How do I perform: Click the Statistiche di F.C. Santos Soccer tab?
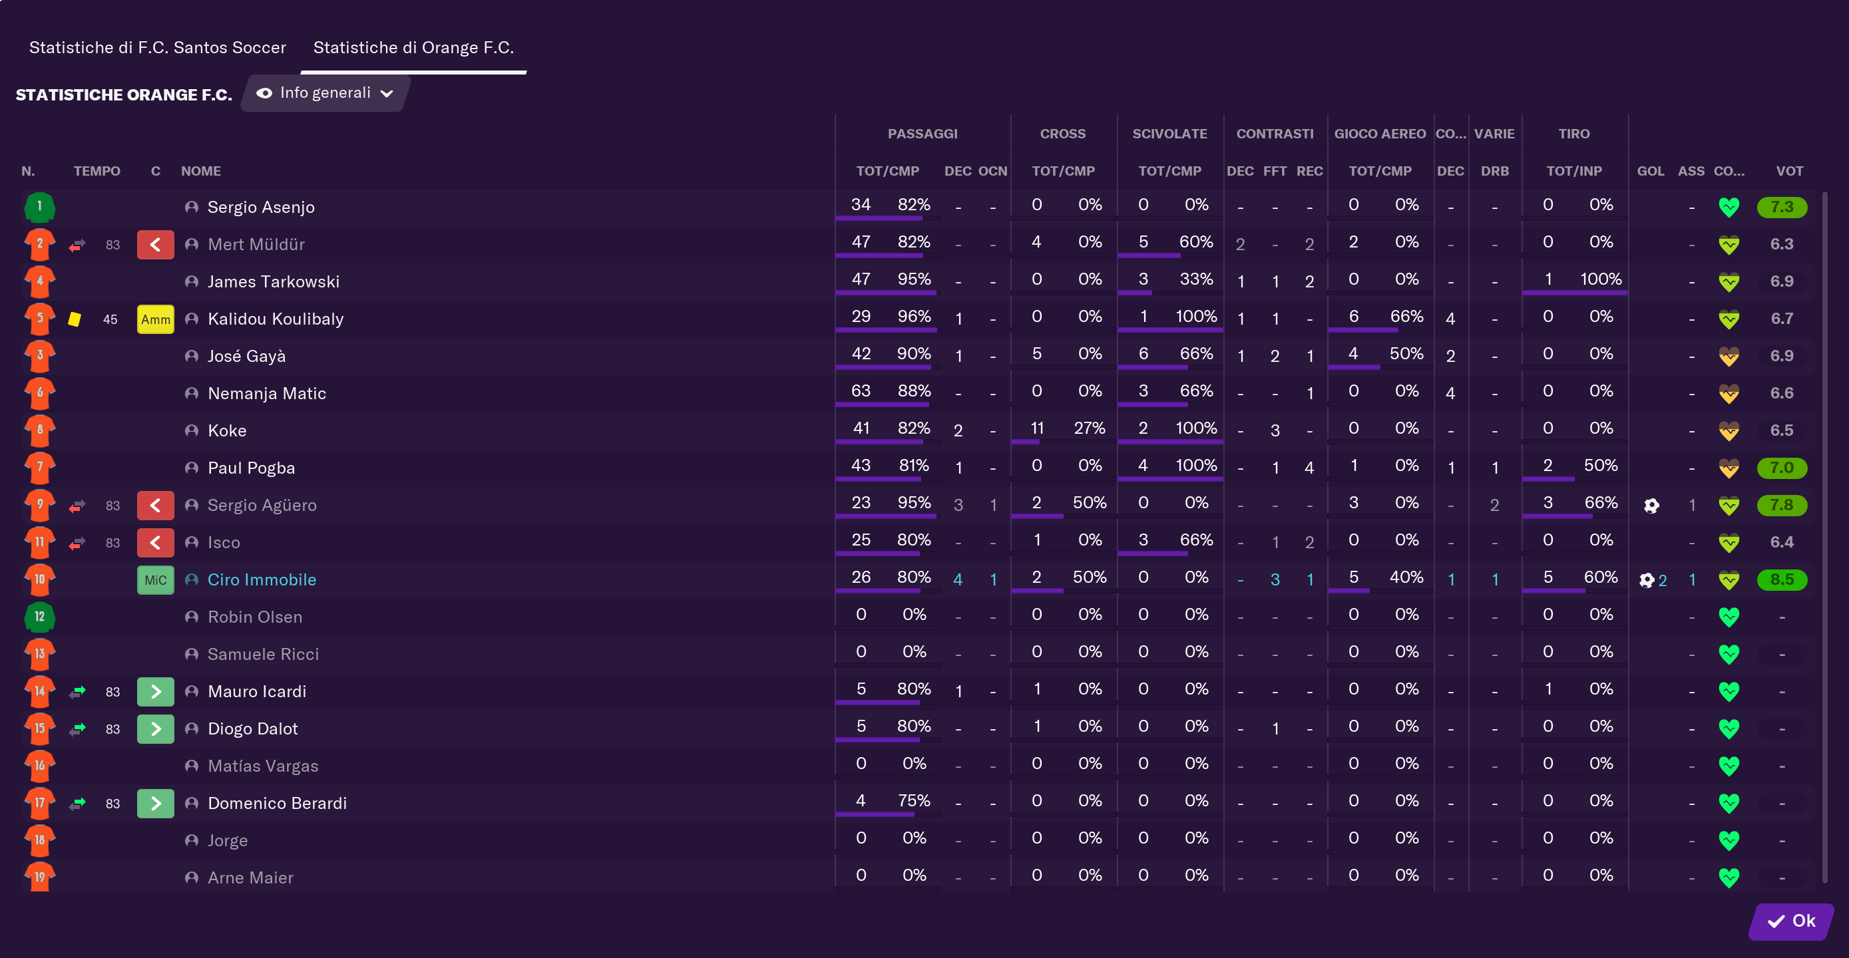coord(158,47)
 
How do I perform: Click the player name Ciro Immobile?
coord(262,580)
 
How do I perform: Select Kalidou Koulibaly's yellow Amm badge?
coord(156,319)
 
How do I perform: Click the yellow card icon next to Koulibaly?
coord(75,319)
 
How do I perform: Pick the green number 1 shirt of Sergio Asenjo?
coord(39,207)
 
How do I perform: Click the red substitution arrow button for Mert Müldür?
coord(156,245)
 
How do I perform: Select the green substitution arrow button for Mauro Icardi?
coord(156,692)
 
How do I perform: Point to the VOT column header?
coord(1789,171)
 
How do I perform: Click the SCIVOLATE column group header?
coord(1169,134)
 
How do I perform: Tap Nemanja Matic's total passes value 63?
coord(861,391)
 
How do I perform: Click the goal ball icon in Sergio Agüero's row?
coord(1651,506)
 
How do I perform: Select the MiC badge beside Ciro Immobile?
coord(156,580)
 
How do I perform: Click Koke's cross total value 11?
coord(1036,428)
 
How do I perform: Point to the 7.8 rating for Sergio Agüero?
coord(1782,505)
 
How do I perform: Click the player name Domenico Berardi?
coord(277,804)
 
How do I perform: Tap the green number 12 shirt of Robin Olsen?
coord(39,617)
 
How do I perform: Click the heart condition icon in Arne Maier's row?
coord(1729,878)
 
